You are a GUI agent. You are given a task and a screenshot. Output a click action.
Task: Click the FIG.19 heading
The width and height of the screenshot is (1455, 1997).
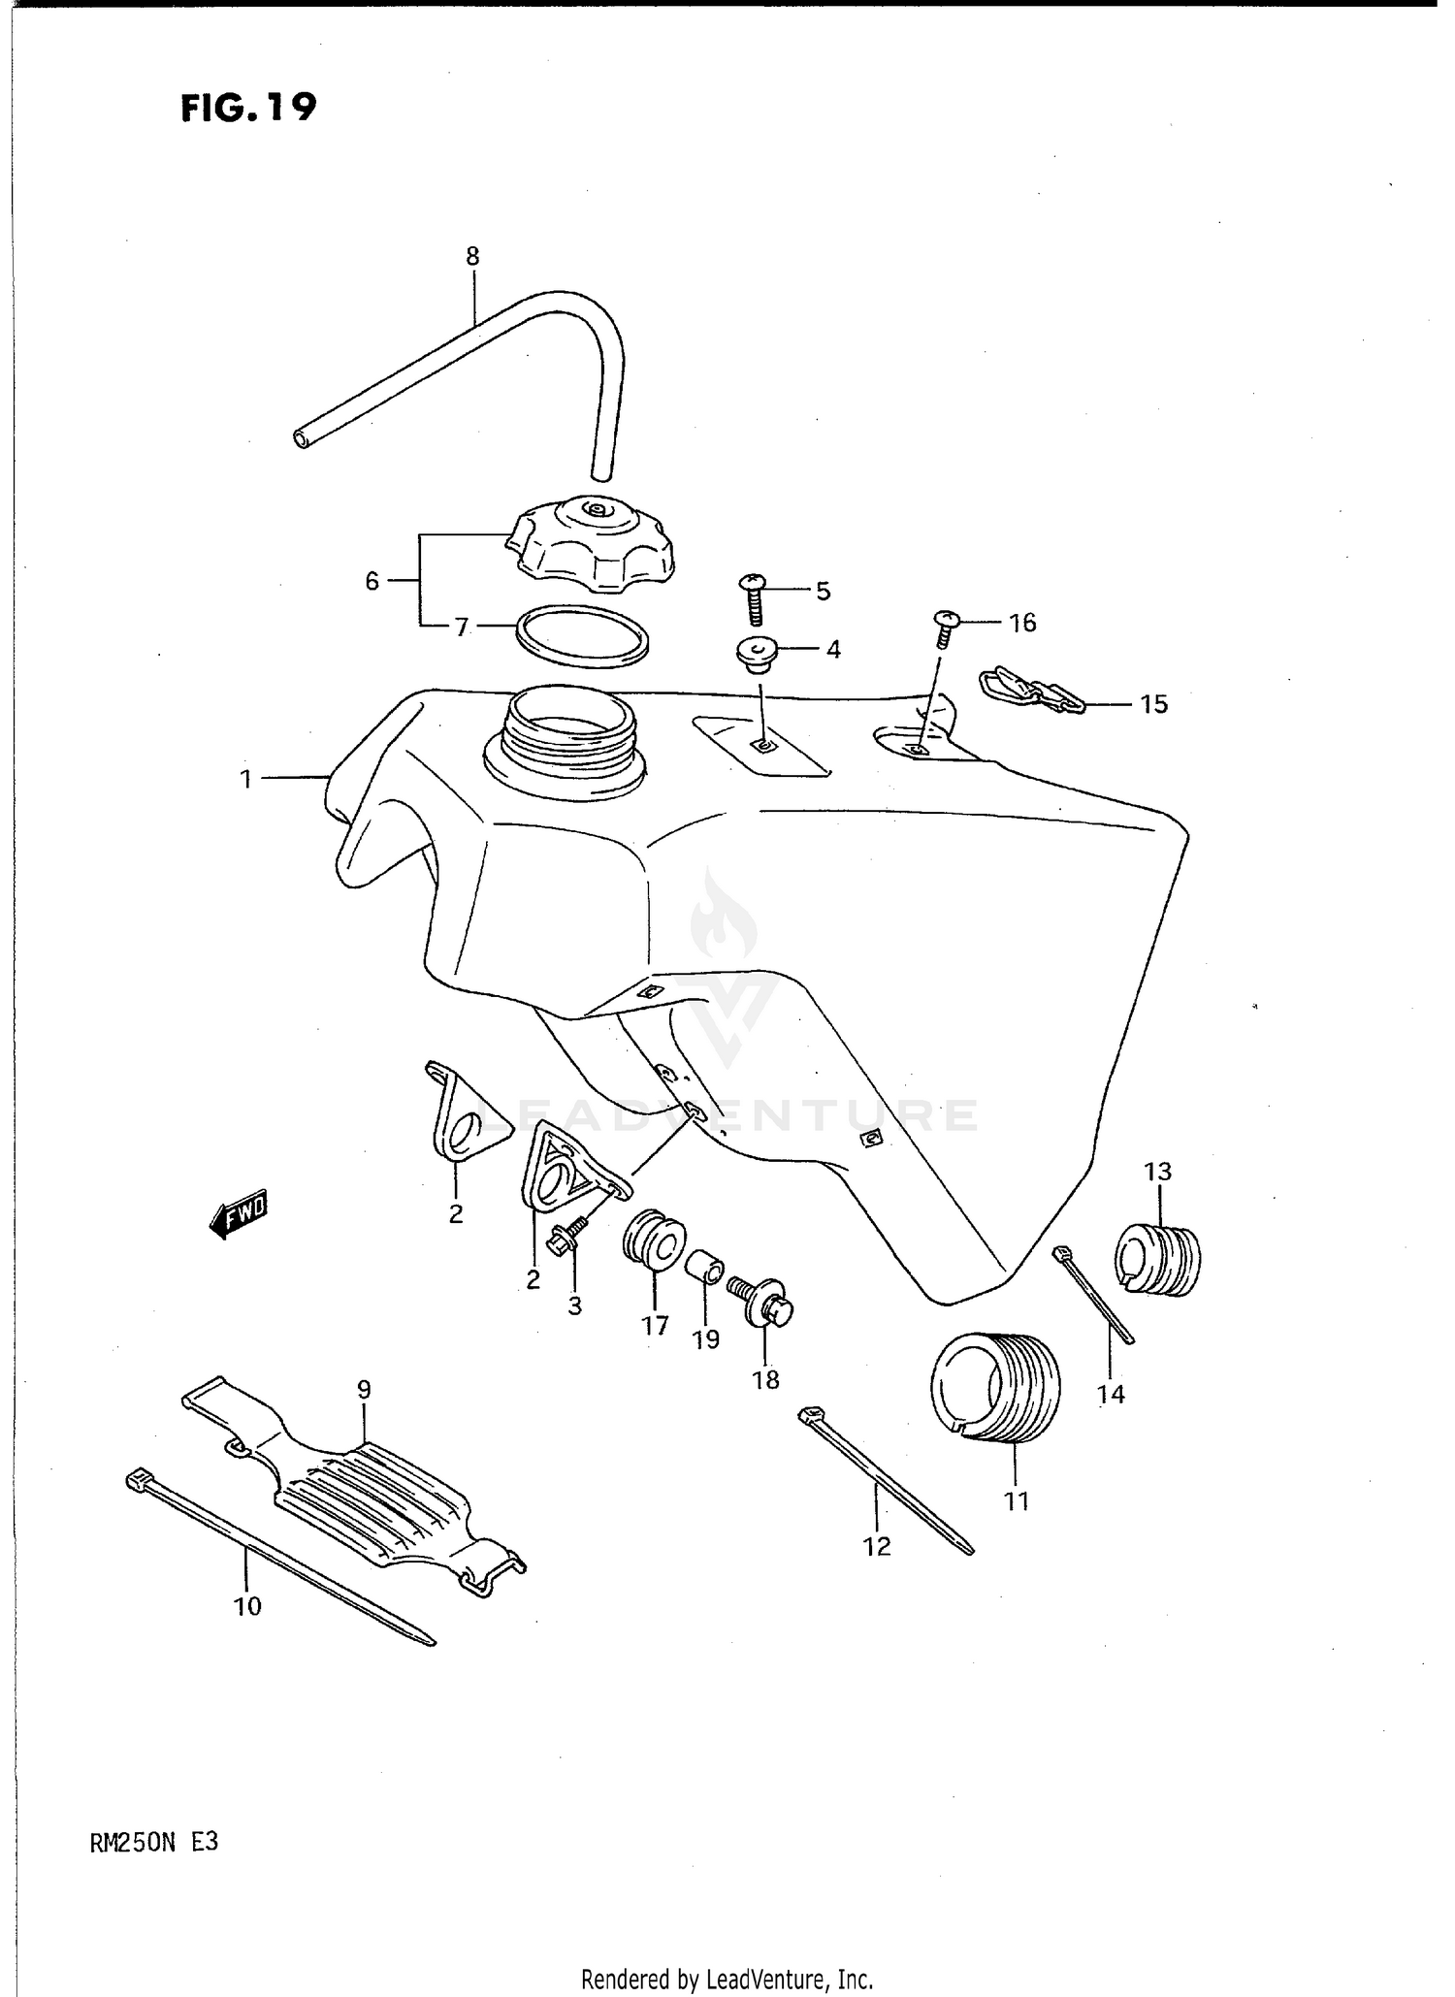pyautogui.click(x=248, y=107)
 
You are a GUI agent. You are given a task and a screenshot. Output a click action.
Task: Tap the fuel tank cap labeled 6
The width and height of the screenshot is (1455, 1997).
pyautogui.click(x=591, y=545)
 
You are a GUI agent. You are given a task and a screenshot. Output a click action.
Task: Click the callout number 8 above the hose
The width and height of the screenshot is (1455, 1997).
pyautogui.click(x=472, y=257)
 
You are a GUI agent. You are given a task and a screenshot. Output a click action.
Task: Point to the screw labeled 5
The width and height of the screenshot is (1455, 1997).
pyautogui.click(x=754, y=599)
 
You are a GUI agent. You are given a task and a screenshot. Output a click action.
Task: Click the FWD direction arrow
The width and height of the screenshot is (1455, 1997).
pyautogui.click(x=238, y=1214)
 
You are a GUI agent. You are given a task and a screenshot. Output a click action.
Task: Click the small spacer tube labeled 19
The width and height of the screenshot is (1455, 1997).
pyautogui.click(x=705, y=1267)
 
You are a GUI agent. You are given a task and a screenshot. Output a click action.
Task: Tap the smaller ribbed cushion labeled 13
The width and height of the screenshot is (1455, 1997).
pyautogui.click(x=1160, y=1259)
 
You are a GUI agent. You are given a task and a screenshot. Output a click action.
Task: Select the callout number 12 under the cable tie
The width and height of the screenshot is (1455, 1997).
pyautogui.click(x=877, y=1546)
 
